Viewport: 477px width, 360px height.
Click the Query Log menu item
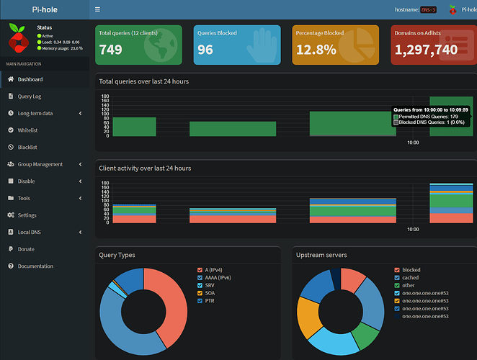30,96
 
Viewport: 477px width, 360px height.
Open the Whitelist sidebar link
27,130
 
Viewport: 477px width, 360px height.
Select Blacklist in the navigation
27,148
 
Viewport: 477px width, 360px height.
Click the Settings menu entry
27,215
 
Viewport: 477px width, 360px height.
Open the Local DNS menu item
30,232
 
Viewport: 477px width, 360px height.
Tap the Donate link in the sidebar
25,249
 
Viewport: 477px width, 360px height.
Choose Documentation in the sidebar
35,266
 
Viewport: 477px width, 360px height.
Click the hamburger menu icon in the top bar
98,10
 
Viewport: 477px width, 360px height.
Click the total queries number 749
110,49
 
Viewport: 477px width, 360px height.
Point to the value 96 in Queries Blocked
205,49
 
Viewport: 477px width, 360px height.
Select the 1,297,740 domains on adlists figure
426,49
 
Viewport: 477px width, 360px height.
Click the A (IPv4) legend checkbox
200,270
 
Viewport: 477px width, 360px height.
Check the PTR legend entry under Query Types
200,301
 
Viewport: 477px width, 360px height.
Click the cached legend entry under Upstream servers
398,278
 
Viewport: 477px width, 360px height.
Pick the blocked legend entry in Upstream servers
398,270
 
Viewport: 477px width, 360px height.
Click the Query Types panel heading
117,255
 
